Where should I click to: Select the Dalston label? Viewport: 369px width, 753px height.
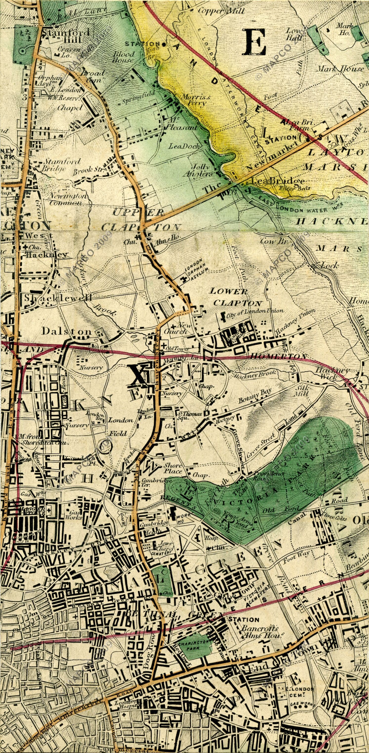coord(67,331)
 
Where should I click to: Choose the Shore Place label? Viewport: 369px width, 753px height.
coord(173,468)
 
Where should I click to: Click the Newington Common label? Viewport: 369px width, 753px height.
coord(66,199)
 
